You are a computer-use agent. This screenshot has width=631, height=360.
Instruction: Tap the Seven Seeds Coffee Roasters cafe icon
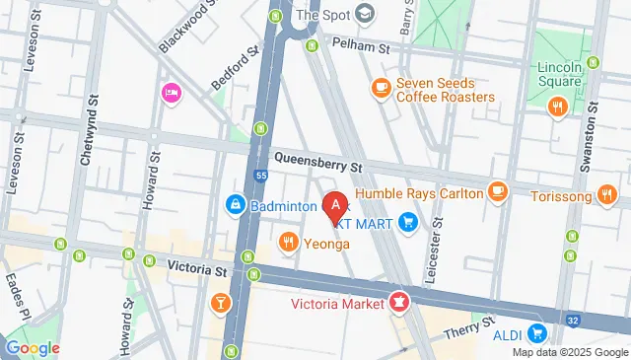tap(380, 89)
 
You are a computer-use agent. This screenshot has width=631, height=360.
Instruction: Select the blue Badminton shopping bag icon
tap(236, 205)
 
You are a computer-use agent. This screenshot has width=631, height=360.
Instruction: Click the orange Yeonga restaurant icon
tap(289, 242)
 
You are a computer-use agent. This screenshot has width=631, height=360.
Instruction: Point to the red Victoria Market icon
tap(400, 302)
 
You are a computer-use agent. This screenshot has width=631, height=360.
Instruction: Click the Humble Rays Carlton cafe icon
tap(498, 190)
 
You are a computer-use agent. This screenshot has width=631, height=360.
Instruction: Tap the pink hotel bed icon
tap(170, 93)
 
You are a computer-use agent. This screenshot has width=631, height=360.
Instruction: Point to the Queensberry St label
tap(318, 158)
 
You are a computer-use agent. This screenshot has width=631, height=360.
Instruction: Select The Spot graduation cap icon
tap(366, 14)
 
